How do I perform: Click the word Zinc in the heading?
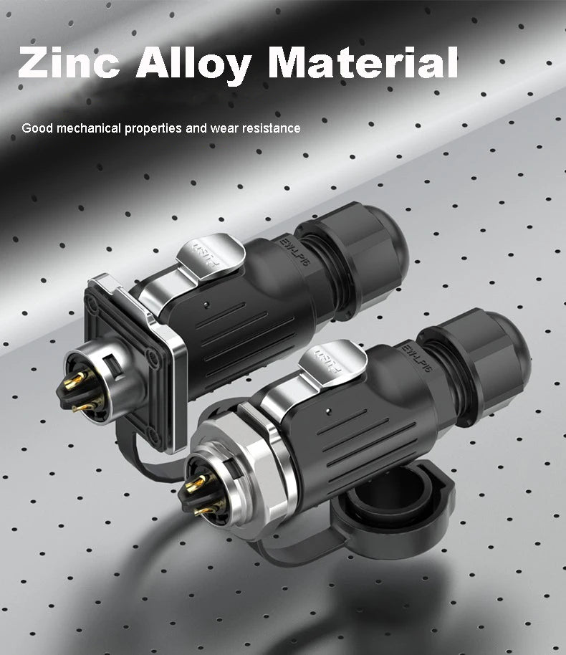point(69,62)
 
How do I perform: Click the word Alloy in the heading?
point(193,64)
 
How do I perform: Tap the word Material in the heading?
point(363,62)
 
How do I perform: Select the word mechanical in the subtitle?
point(89,128)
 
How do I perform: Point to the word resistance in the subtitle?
point(271,128)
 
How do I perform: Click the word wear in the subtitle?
point(225,129)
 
